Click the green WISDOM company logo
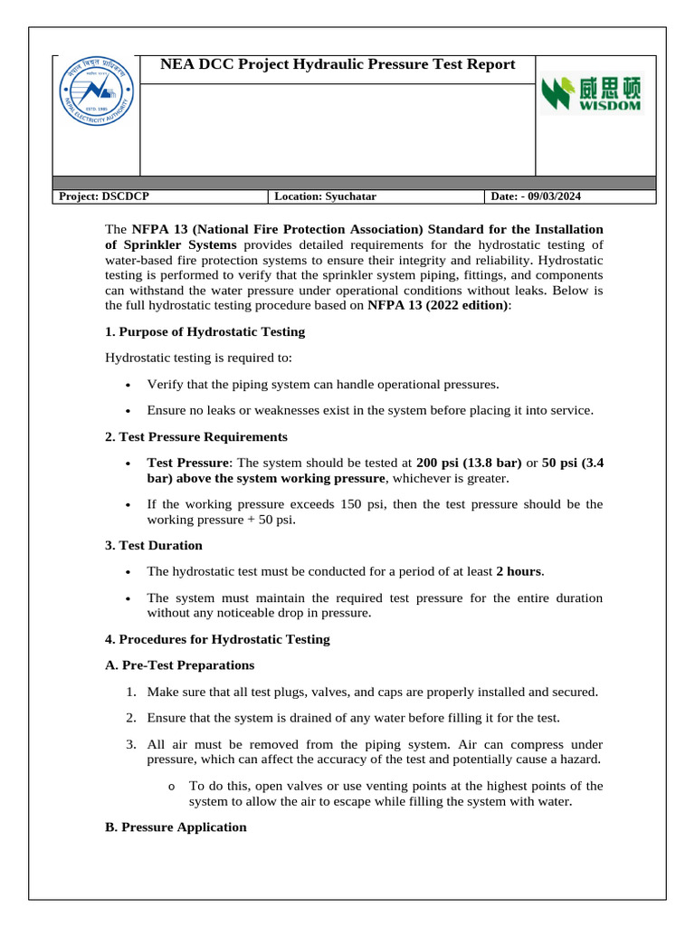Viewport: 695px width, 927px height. point(591,94)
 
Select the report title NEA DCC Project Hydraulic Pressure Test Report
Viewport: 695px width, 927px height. point(338,64)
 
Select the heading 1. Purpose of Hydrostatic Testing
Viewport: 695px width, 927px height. point(205,331)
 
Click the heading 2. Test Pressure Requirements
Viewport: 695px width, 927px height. point(196,436)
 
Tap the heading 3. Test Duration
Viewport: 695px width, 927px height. point(154,545)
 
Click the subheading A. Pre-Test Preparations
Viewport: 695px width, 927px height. point(180,665)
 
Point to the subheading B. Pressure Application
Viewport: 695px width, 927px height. point(176,827)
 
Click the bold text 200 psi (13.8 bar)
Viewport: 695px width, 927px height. point(469,462)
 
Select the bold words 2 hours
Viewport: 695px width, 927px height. point(519,571)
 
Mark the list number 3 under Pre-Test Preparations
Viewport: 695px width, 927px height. point(130,744)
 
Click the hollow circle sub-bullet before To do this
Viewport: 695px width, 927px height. point(172,786)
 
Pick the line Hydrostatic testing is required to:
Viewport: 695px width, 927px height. point(199,358)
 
